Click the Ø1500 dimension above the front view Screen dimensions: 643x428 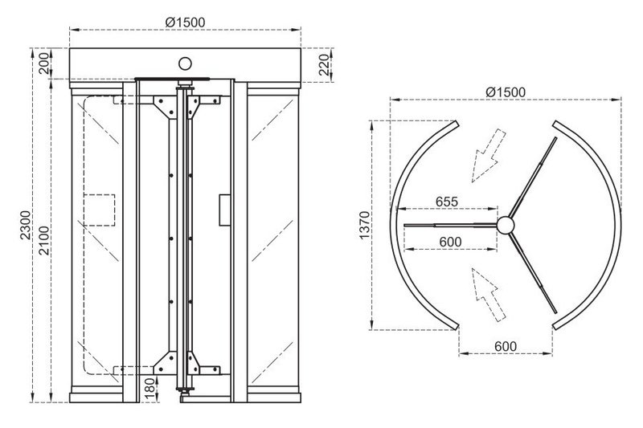[x=185, y=22]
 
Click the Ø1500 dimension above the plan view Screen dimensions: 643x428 [x=506, y=92]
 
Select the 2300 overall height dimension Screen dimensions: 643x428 [x=26, y=225]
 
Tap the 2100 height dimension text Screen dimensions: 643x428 [x=44, y=240]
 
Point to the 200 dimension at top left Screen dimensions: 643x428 [x=44, y=63]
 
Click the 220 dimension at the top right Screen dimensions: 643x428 [x=325, y=64]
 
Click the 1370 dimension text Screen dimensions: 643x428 [x=365, y=226]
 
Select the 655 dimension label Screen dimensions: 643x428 [x=447, y=202]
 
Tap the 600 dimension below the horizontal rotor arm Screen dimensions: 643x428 [x=450, y=242]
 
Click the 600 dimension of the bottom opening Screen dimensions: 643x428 [x=506, y=346]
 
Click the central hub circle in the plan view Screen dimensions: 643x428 [x=506, y=225]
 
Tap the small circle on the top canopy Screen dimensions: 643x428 [x=186, y=63]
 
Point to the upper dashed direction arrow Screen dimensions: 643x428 [x=489, y=156]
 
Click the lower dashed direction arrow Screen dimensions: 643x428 [x=489, y=295]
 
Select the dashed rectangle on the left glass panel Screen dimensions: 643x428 [x=100, y=210]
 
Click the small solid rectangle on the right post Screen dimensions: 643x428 [x=224, y=210]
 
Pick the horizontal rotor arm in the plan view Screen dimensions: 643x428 [x=450, y=225]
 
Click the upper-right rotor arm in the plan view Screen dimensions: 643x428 [x=533, y=177]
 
